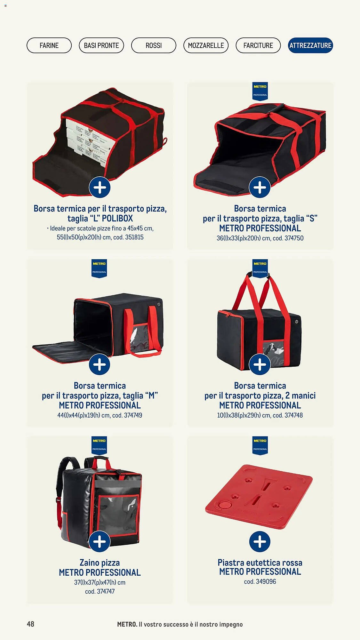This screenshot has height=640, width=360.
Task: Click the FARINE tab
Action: tap(49, 45)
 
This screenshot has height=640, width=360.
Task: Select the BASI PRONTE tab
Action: tap(101, 45)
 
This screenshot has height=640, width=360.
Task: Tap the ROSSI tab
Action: tap(154, 45)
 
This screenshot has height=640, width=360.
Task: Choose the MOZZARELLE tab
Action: tap(206, 45)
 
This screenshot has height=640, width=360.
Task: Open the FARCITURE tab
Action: tap(258, 45)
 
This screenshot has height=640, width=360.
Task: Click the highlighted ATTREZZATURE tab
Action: tap(310, 45)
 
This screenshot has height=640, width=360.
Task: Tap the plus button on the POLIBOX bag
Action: tap(100, 187)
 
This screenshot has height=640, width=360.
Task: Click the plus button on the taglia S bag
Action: tap(260, 187)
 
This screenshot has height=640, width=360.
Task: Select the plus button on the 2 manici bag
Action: tap(260, 364)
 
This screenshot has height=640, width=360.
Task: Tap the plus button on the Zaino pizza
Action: tap(100, 541)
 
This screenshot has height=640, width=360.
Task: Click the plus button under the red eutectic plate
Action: tap(260, 541)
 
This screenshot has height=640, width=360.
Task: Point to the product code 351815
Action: tap(134, 237)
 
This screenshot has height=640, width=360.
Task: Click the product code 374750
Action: tap(294, 238)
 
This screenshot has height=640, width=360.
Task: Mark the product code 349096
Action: tap(266, 581)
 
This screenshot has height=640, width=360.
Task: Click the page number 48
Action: tap(30, 624)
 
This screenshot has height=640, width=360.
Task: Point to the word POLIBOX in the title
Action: tap(117, 219)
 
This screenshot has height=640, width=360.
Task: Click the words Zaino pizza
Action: tap(100, 563)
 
